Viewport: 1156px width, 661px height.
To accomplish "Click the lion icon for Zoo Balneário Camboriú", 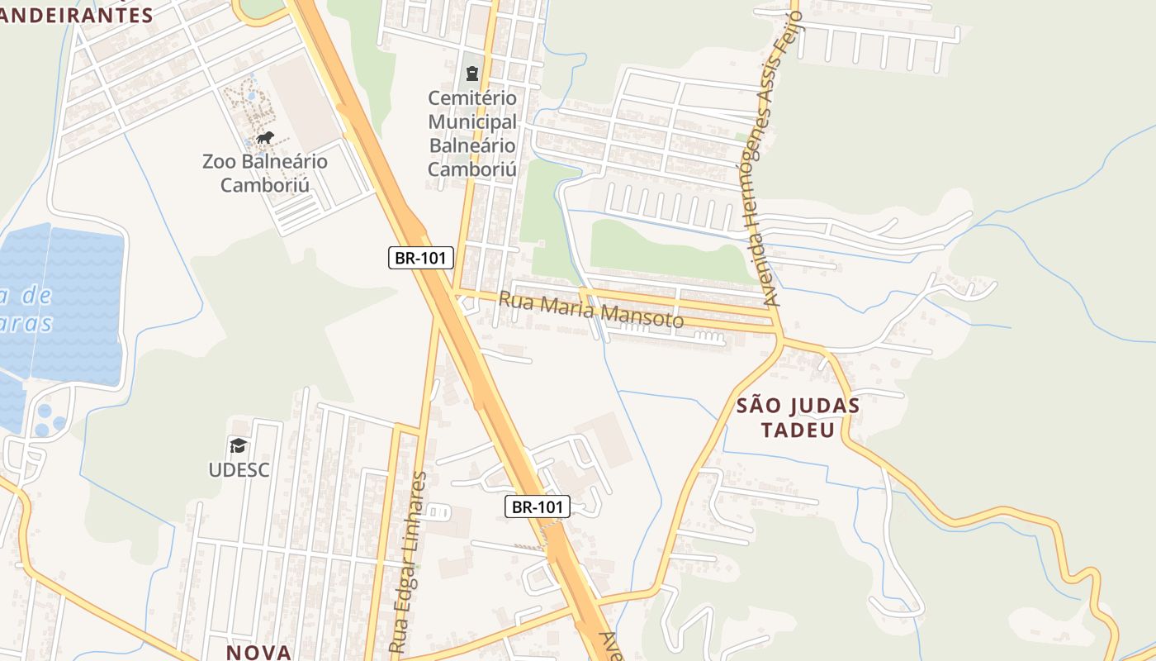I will (x=265, y=137).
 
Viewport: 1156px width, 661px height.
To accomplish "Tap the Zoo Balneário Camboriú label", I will (x=265, y=173).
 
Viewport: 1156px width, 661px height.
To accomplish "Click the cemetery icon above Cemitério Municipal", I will (x=472, y=74).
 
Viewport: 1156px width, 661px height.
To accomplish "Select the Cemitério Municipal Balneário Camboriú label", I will (x=472, y=134).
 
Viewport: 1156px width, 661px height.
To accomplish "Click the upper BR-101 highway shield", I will (x=421, y=258).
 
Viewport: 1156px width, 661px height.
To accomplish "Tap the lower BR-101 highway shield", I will (x=538, y=506).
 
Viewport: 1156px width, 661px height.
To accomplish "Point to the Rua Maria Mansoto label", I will (x=590, y=309).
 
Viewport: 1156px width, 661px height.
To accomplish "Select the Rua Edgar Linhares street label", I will (x=410, y=562).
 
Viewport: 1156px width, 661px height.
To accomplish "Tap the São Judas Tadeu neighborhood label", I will (x=798, y=418).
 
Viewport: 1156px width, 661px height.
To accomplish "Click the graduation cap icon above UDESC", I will (x=239, y=446).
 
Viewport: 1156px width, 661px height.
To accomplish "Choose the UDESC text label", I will (x=239, y=470).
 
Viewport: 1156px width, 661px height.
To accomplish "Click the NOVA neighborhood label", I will (x=259, y=652).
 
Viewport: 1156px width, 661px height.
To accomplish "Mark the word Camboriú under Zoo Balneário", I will (x=265, y=185).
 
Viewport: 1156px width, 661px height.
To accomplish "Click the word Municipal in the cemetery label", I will (x=472, y=122).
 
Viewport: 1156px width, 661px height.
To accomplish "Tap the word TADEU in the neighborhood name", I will (x=798, y=430).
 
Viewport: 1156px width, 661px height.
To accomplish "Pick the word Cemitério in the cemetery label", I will (x=472, y=98).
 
